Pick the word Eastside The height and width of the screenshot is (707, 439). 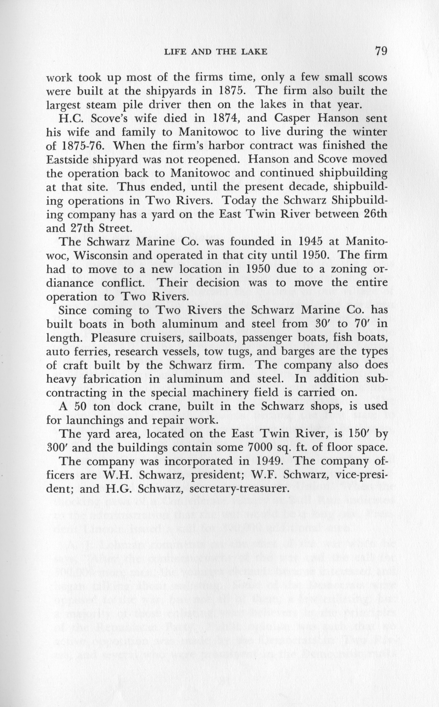point(69,160)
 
